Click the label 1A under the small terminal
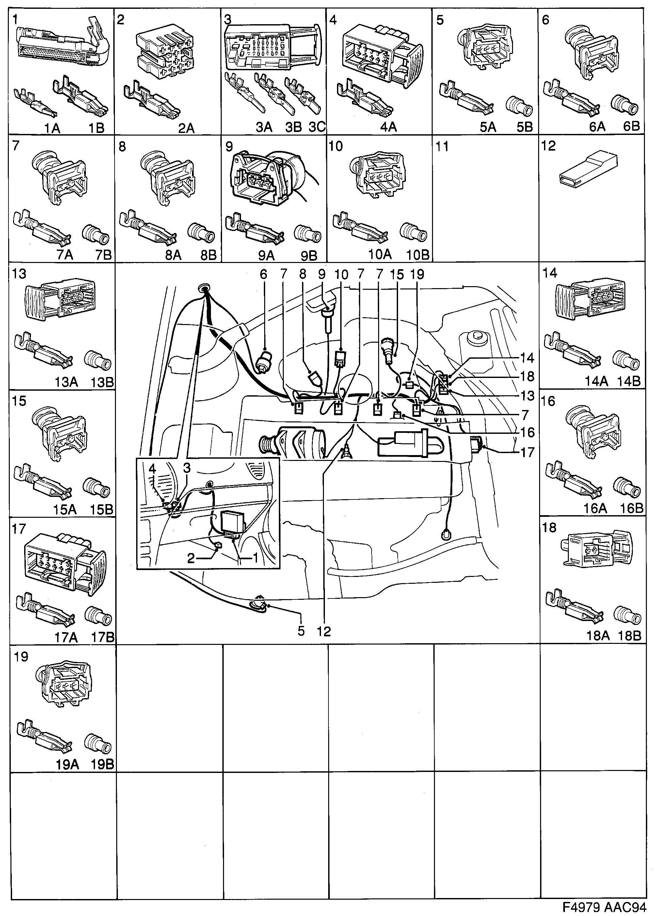click(x=52, y=128)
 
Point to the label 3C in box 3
click(x=317, y=127)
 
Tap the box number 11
click(x=442, y=146)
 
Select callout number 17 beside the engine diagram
click(x=527, y=452)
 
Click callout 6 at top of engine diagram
click(x=263, y=274)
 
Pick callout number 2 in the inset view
click(x=191, y=558)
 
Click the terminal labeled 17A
click(x=44, y=612)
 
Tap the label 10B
click(x=418, y=255)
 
